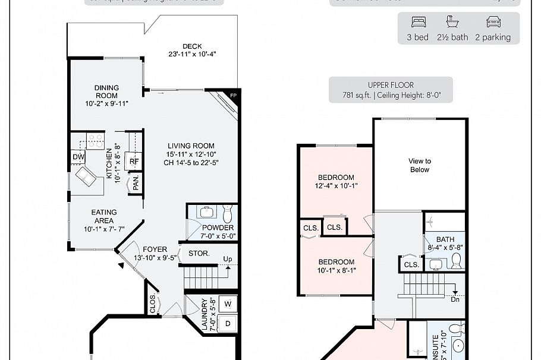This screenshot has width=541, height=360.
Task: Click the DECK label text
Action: point(192,46)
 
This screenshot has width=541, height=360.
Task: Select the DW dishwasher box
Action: point(78,157)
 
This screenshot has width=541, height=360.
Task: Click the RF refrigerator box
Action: point(135,161)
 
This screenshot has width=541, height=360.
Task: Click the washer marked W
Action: point(228,304)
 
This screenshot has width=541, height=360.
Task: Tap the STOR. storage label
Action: point(199,253)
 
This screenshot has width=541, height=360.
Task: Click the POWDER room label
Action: point(218,228)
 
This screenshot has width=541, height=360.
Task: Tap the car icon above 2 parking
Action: point(492,23)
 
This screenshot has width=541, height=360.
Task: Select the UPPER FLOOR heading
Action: point(391,85)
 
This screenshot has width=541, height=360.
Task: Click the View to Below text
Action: point(420,165)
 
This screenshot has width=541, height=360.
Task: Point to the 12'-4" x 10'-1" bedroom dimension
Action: point(336,185)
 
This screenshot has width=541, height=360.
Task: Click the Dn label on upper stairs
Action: point(455,299)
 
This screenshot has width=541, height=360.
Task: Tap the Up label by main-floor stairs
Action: point(227,259)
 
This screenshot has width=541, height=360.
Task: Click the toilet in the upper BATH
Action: point(456,261)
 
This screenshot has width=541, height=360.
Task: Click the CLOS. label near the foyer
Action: point(153,304)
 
